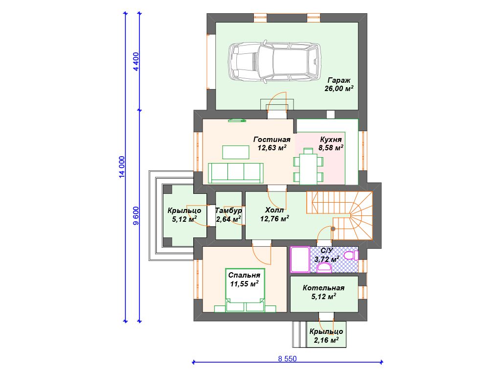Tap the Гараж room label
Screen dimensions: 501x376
[339, 81]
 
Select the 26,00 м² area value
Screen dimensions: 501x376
[339, 89]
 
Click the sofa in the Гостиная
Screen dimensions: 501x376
[236, 173]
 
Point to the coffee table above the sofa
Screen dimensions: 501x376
[236, 152]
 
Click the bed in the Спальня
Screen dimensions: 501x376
[245, 290]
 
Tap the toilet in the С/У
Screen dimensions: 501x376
[351, 255]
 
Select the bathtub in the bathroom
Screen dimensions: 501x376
[300, 259]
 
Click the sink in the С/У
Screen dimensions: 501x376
[324, 267]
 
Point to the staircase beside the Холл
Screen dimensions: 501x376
[340, 215]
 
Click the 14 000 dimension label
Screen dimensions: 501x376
[122, 167]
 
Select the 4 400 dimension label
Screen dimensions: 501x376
[136, 61]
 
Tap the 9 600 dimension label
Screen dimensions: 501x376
[136, 216]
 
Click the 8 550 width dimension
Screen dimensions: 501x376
[287, 359]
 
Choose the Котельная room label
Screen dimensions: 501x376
[324, 288]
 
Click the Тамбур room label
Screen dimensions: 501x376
[228, 211]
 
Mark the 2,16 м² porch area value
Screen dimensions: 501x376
[326, 340]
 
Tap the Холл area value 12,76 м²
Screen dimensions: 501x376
[275, 219]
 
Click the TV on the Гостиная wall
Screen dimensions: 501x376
[237, 120]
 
